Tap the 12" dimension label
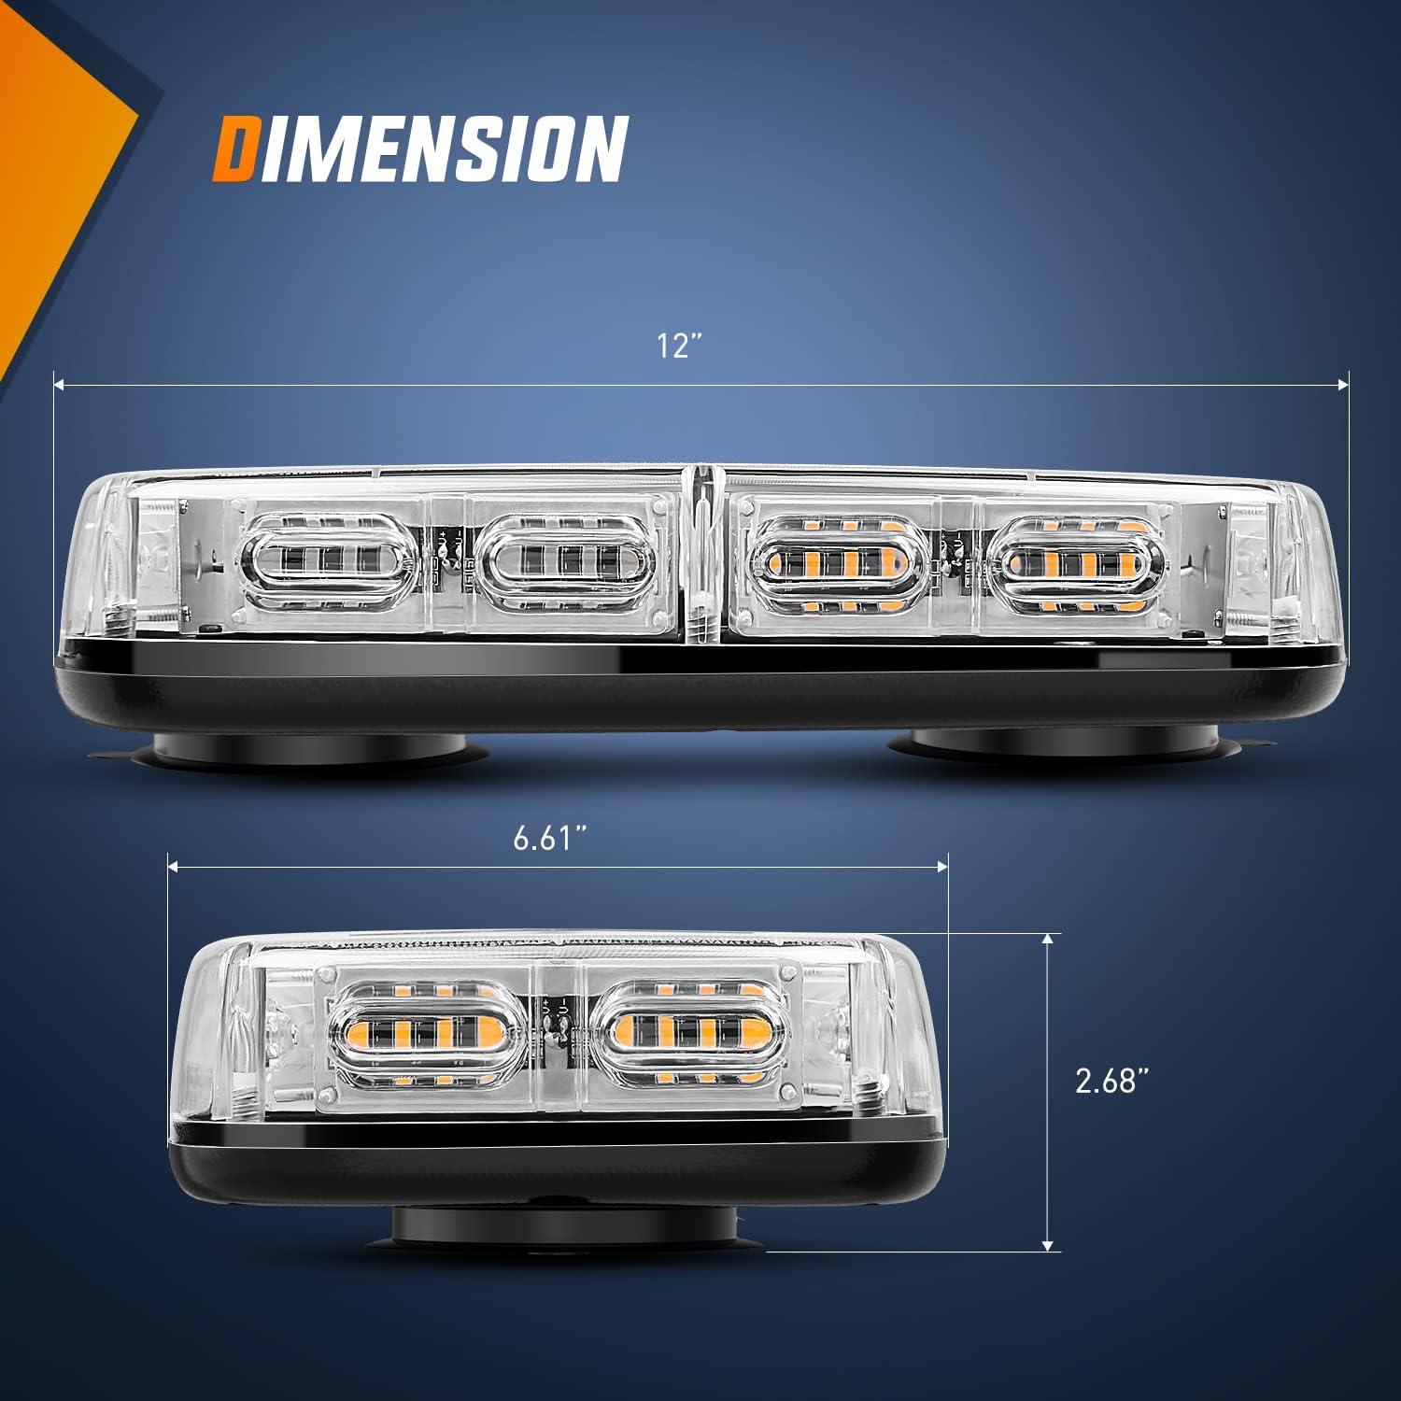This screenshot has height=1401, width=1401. [679, 347]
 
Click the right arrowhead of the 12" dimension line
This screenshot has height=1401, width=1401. [1344, 383]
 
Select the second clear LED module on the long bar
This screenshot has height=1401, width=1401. [559, 562]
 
